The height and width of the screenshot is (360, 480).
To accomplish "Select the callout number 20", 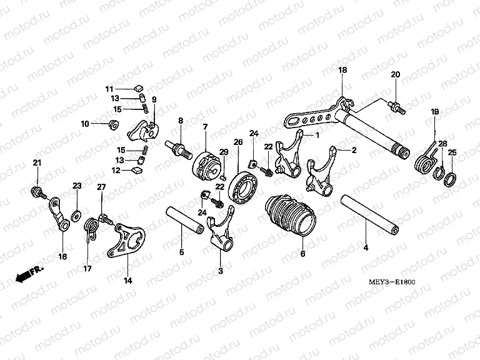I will coord(395,75).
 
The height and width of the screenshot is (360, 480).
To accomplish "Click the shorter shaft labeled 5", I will coord(184,221).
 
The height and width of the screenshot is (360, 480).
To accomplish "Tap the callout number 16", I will coord(62,256).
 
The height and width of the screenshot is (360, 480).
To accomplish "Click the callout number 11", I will coord(108,88).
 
